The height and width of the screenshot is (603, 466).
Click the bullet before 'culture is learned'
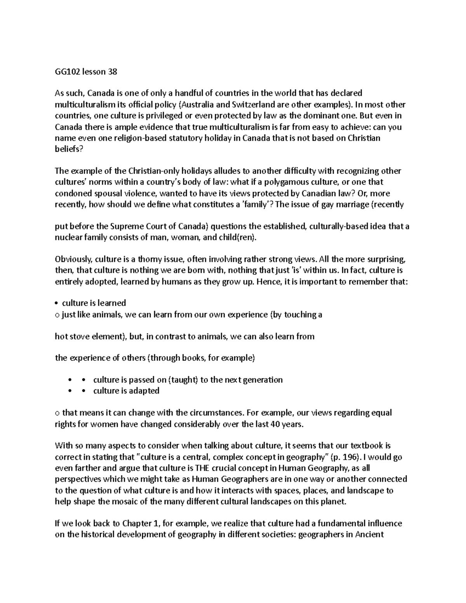pos(57,303)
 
